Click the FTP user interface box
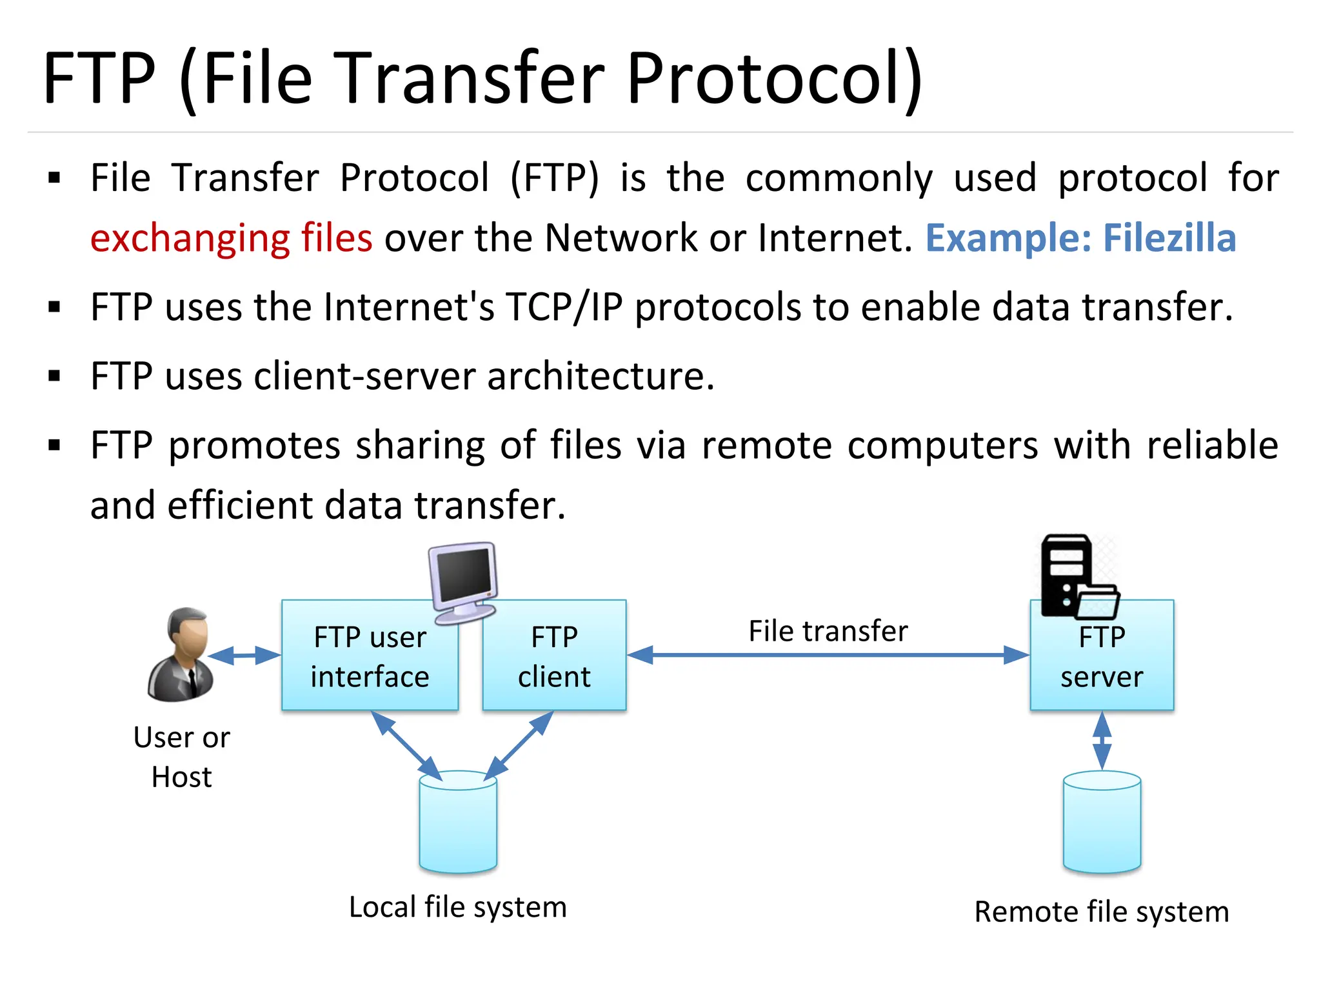click(369, 656)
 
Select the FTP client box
click(554, 656)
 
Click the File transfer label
click(828, 631)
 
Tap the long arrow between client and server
click(828, 655)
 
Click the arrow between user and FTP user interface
click(244, 656)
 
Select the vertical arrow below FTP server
click(1102, 741)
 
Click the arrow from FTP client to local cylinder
click(519, 745)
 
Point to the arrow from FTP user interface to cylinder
click(406, 745)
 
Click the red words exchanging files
click(231, 238)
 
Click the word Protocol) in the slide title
click(774, 79)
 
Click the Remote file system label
click(1102, 912)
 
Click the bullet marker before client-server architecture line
click(54, 376)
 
